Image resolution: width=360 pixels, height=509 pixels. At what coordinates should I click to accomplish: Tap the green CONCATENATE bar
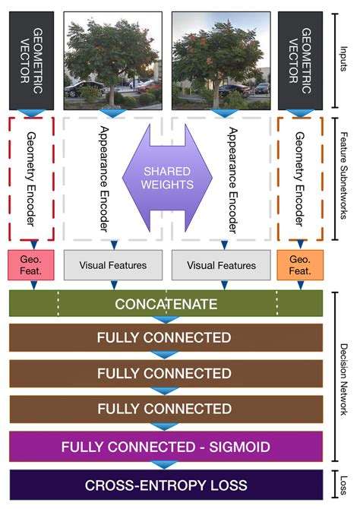pyautogui.click(x=166, y=304)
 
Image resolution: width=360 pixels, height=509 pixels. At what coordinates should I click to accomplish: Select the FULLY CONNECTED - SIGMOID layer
pyautogui.click(x=166, y=446)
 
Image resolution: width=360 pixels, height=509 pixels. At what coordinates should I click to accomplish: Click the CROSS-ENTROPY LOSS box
pyautogui.click(x=166, y=485)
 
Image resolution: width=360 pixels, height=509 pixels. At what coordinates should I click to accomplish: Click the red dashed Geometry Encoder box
pyautogui.click(x=30, y=175)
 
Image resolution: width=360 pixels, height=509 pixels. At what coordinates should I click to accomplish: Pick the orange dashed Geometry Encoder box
pyautogui.click(x=300, y=175)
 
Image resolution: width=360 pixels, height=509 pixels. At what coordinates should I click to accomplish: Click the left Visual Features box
pyautogui.click(x=113, y=266)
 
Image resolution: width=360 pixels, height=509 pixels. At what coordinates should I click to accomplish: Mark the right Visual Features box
pyautogui.click(x=221, y=266)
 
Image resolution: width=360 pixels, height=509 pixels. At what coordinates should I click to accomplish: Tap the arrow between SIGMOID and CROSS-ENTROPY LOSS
pyautogui.click(x=166, y=465)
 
